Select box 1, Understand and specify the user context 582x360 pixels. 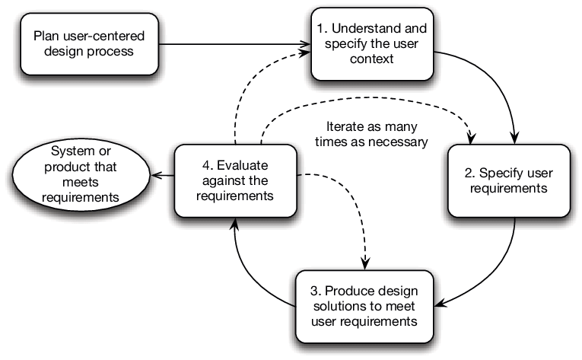pyautogui.click(x=372, y=43)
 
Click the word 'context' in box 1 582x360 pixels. pyautogui.click(x=372, y=59)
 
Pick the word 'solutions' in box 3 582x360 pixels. pyautogui.click(x=338, y=307)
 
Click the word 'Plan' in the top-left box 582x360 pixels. pyautogui.click(x=43, y=36)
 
